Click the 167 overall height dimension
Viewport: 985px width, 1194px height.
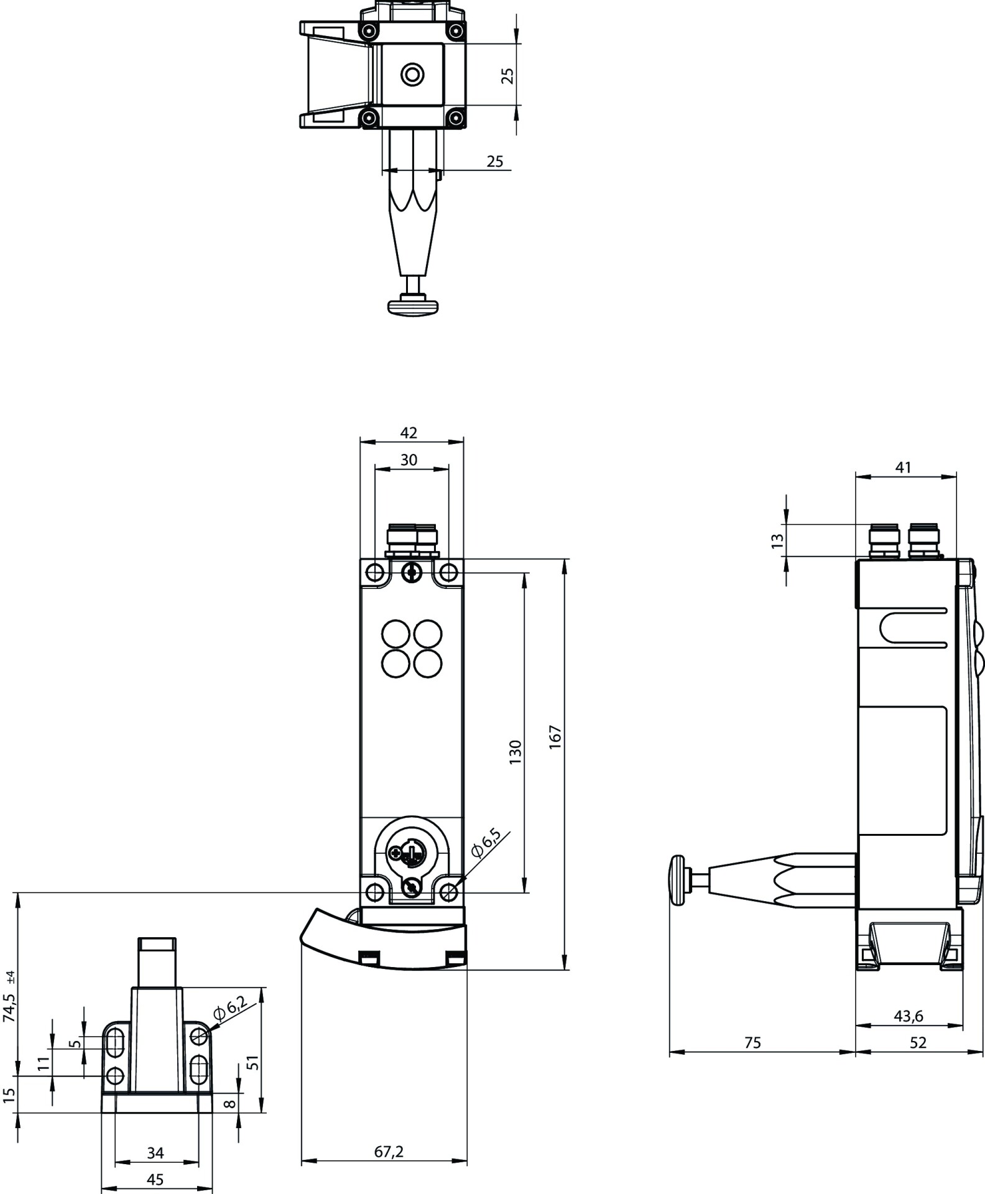(555, 736)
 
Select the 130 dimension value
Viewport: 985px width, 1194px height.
(516, 752)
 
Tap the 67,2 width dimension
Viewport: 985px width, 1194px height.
(389, 1152)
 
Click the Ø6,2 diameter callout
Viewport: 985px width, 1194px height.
(230, 1008)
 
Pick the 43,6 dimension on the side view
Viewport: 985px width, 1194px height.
(909, 1016)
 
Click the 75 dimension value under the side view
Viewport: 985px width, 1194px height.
(752, 1043)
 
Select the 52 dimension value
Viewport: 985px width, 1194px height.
(918, 1043)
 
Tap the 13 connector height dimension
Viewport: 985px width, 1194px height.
(777, 541)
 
